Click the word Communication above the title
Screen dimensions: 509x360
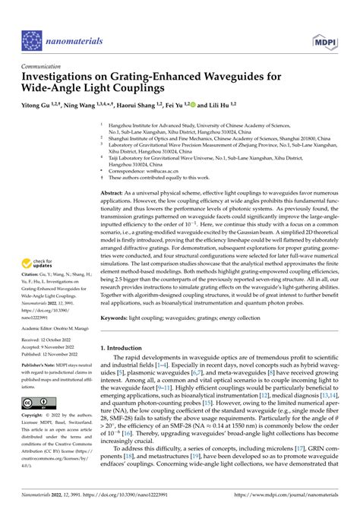(45, 65)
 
